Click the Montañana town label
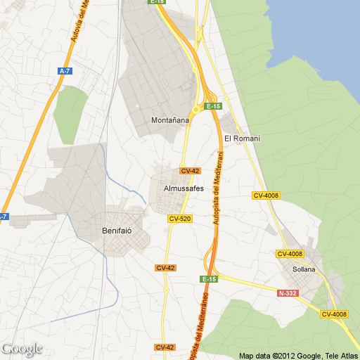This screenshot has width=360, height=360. click(170, 120)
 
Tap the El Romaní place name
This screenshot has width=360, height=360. click(242, 139)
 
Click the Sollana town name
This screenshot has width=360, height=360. click(304, 269)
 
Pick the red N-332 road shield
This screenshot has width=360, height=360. click(288, 292)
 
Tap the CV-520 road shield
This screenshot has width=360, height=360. click(180, 219)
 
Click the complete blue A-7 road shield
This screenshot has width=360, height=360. click(65, 71)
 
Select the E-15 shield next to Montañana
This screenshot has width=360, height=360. click(213, 105)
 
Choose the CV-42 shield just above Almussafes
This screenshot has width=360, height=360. click(190, 171)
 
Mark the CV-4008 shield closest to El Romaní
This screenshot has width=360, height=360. click(266, 195)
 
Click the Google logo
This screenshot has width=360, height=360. click(22, 349)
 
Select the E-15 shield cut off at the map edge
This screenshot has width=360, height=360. click(157, 2)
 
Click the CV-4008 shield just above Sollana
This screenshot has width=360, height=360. click(290, 254)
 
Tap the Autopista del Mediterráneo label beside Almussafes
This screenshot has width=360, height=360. click(217, 186)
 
